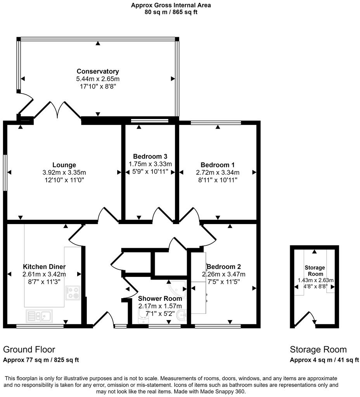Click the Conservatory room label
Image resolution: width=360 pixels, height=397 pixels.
[x=98, y=71]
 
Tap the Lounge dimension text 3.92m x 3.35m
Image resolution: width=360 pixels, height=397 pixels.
[x=64, y=173]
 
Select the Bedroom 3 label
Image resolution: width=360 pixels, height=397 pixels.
[x=150, y=157]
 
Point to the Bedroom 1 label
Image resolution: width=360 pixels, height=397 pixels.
[x=218, y=165]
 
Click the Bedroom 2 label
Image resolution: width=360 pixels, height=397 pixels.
[x=224, y=267]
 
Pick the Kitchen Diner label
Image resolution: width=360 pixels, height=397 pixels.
[x=44, y=267]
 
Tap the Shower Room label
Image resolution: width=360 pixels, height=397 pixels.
[x=160, y=299]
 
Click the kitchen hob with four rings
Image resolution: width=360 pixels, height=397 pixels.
[x=73, y=293]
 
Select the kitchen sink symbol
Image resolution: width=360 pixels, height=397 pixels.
[x=39, y=316]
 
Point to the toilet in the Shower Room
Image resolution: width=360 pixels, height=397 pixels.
[x=143, y=316]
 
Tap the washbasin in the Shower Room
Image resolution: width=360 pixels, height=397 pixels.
[x=182, y=315]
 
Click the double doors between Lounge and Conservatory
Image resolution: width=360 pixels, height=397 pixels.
[x=58, y=109]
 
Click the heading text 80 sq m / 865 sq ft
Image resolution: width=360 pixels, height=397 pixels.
[x=171, y=12]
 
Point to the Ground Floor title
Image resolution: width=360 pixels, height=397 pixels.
[x=29, y=349]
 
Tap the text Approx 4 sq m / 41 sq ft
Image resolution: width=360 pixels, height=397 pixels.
[x=324, y=360]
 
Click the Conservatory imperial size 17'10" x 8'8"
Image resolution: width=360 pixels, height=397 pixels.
[x=98, y=86]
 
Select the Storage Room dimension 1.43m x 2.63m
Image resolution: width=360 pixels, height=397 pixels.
[x=315, y=280]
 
